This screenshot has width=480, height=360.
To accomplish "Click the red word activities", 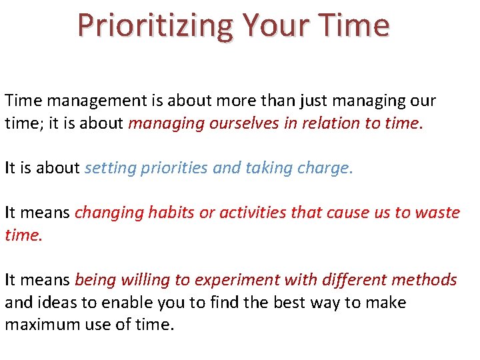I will tap(248, 213).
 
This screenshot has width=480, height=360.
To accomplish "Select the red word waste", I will tap(437, 213).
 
